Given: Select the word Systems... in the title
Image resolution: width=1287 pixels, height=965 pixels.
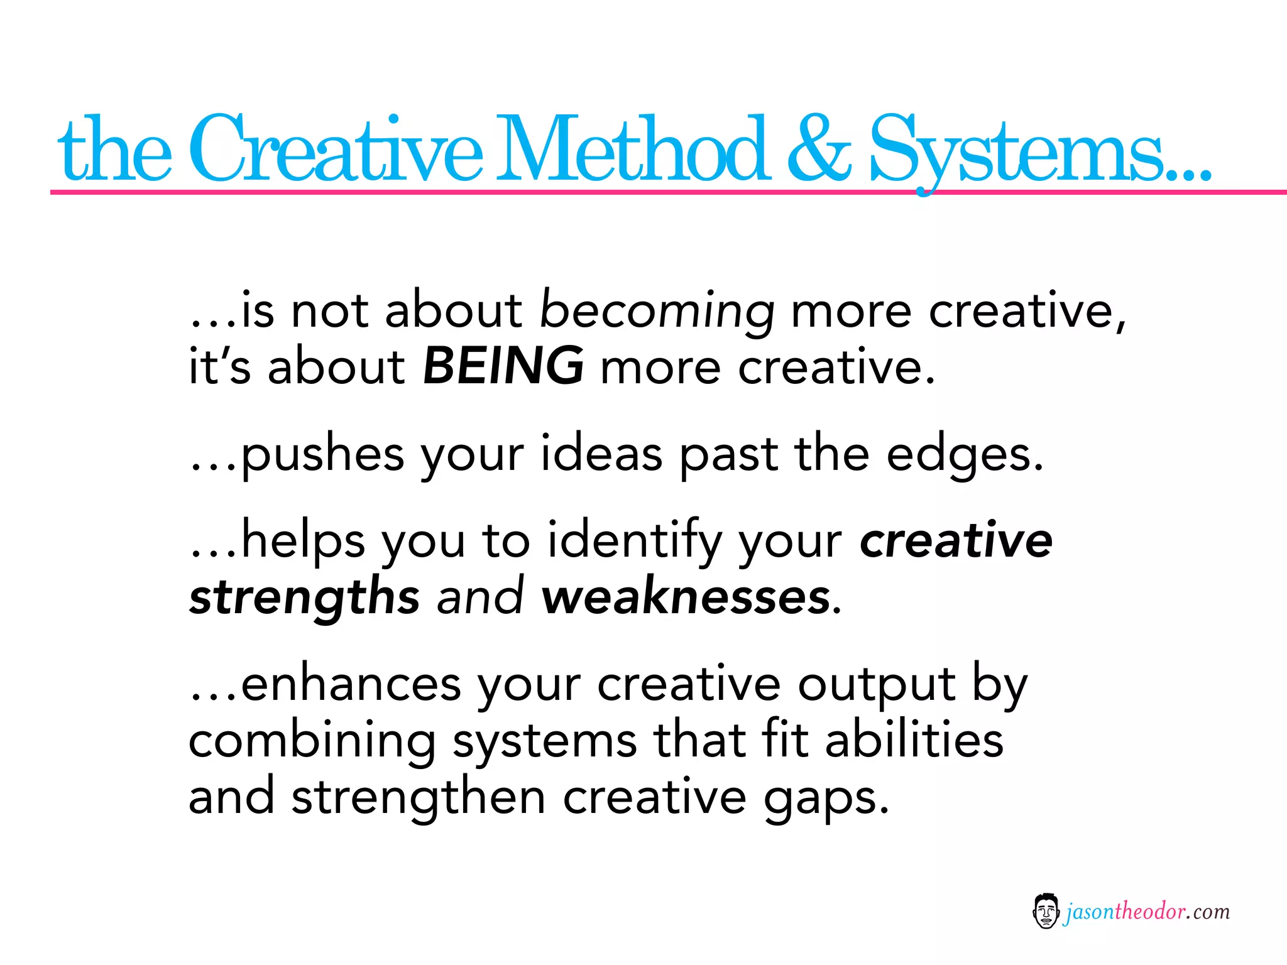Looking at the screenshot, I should pyautogui.click(x=1040, y=151).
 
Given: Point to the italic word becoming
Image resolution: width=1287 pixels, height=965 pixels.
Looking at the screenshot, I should pyautogui.click(x=657, y=312).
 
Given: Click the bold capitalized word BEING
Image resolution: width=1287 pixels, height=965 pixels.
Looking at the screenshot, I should pyautogui.click(x=503, y=366).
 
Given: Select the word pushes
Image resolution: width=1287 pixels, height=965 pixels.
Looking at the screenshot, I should pyautogui.click(x=322, y=455).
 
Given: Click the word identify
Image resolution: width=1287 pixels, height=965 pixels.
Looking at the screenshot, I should pyautogui.click(x=635, y=542).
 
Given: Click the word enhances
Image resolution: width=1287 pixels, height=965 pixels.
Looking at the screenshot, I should pyautogui.click(x=351, y=685).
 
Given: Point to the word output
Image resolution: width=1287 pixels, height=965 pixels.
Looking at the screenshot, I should pyautogui.click(x=877, y=685).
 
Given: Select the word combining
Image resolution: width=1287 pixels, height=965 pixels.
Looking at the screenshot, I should pyautogui.click(x=312, y=741).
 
